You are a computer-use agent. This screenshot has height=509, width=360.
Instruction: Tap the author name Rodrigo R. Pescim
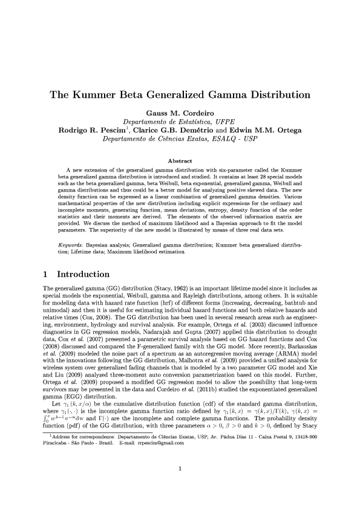click(94, 129)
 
